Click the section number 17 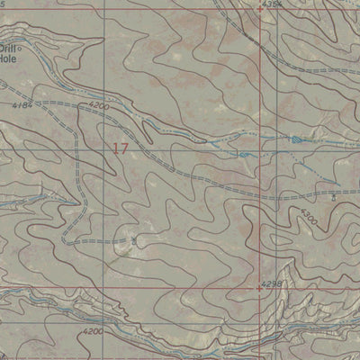[x=121, y=148]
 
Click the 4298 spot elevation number [x=271, y=283]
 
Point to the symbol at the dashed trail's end [x=134, y=241]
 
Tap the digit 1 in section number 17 [x=115, y=148]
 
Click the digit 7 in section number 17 [x=125, y=148]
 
